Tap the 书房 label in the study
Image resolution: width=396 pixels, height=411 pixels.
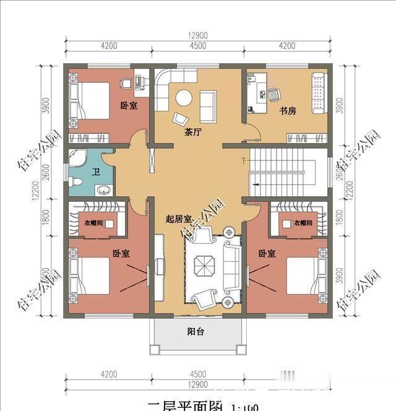click(x=286, y=111)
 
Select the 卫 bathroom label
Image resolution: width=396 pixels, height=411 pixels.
click(x=96, y=173)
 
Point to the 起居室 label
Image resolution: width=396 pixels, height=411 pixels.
click(x=178, y=218)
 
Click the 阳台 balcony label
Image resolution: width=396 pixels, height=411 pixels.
click(x=196, y=332)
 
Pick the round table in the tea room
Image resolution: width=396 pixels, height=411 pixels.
click(x=184, y=98)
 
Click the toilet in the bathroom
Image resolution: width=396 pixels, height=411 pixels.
click(x=75, y=182)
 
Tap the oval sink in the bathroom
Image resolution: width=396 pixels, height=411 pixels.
click(x=103, y=189)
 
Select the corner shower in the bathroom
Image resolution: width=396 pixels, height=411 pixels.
click(x=78, y=157)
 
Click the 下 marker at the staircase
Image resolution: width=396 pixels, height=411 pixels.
click(x=244, y=161)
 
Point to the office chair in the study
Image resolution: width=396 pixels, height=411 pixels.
click(x=273, y=94)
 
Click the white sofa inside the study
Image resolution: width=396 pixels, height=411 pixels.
click(x=319, y=93)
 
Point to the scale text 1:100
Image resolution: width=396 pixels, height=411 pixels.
click(x=245, y=407)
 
